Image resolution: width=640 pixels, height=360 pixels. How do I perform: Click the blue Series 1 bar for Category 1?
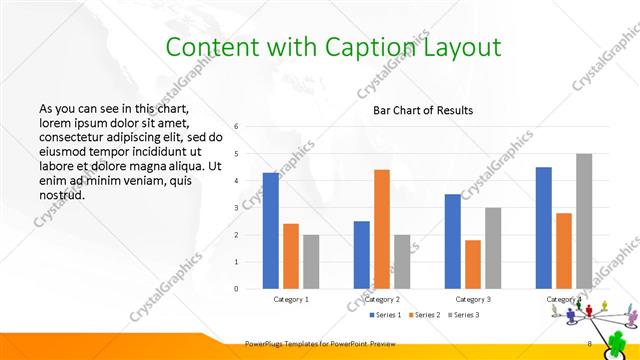point(271,230)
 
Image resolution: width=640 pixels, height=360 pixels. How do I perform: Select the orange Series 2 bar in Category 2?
point(382,229)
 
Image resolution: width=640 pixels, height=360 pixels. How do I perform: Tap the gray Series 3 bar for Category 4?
point(584,221)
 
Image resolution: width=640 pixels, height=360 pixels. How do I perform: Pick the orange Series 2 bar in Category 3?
point(473,264)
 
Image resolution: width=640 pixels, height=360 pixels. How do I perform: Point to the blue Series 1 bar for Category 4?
point(543,227)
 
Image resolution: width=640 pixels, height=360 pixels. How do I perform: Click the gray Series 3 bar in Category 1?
point(311,261)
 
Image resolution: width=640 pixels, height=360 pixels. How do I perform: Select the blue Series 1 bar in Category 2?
point(362,254)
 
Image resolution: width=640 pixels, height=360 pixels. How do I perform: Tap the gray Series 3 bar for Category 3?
point(493,248)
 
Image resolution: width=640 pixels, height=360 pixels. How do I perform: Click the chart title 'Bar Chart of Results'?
point(423,110)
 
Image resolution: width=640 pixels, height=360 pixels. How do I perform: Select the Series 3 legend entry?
point(464,315)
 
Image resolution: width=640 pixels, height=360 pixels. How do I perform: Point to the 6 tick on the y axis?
point(236,127)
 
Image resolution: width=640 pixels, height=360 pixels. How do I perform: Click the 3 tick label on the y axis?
point(236,208)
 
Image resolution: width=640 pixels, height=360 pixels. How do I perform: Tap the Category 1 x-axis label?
point(291,299)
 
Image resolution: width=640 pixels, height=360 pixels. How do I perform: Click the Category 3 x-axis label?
point(473,299)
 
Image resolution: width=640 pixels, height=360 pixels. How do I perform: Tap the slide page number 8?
point(590,344)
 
